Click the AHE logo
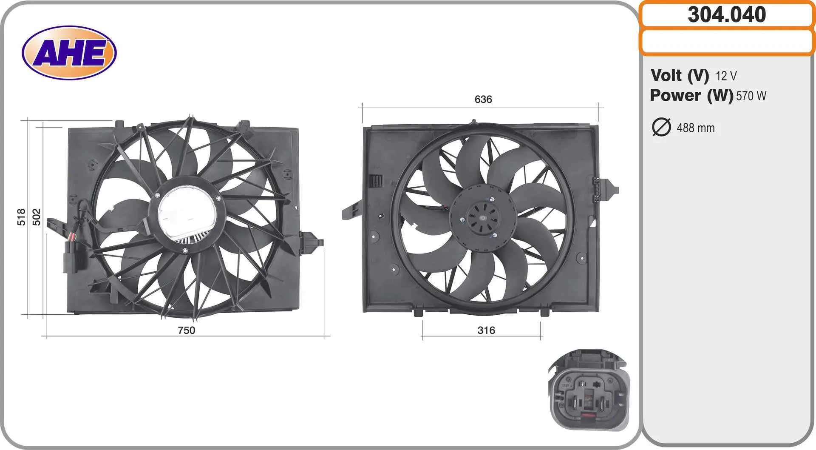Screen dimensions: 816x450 (x=69, y=53)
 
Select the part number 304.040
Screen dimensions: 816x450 (x=727, y=15)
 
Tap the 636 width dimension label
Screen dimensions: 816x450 (x=483, y=99)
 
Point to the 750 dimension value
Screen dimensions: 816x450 (x=187, y=330)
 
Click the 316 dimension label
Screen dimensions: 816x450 (x=486, y=330)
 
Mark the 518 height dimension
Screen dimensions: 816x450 (x=21, y=217)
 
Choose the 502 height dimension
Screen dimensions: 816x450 (x=37, y=217)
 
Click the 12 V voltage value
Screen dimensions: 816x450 (x=726, y=76)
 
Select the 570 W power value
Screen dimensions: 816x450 (x=751, y=96)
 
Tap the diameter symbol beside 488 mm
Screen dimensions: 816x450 (x=661, y=127)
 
